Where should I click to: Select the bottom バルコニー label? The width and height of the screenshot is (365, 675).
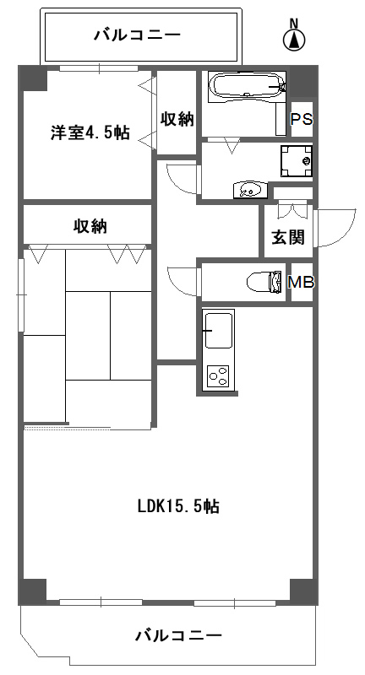pos(178,635)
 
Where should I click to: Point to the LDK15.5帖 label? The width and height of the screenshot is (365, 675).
pos(179,507)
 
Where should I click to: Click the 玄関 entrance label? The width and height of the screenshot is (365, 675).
pos(287,237)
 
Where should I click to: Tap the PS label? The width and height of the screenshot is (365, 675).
pos(302,119)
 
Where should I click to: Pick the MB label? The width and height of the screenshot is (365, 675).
pos(302,283)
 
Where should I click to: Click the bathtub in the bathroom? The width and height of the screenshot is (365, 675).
pos(245,86)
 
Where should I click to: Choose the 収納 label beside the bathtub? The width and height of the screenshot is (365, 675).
pos(177,119)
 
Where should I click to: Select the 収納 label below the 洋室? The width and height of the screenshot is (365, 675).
pos(90,225)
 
